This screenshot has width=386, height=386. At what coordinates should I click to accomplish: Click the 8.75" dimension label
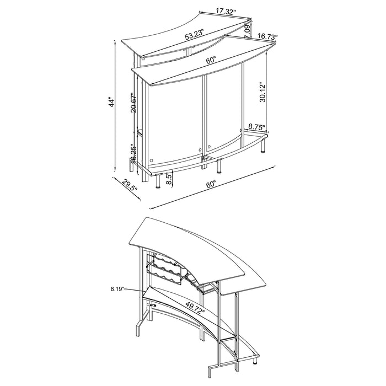tap(257, 126)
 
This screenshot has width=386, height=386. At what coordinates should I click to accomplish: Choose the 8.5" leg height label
tap(169, 178)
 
